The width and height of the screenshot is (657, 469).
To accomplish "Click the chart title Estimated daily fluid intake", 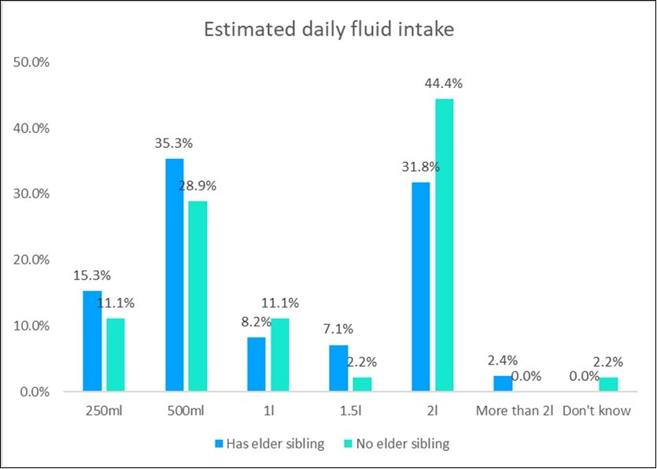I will (328, 31).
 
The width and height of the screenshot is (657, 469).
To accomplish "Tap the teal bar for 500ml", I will (197, 296).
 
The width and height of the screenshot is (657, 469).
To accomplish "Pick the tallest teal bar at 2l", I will (443, 245).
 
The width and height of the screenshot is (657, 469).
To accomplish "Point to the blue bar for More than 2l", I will (502, 383).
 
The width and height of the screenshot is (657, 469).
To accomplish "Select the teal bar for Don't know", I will (607, 384).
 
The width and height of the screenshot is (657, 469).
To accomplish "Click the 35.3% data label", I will (175, 144).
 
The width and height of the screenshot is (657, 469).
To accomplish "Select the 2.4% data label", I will (502, 361).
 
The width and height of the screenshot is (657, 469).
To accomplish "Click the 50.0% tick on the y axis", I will (32, 61).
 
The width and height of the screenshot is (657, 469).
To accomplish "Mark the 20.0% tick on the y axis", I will (32, 260).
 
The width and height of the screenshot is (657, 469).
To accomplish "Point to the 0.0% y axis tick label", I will (35, 392).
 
